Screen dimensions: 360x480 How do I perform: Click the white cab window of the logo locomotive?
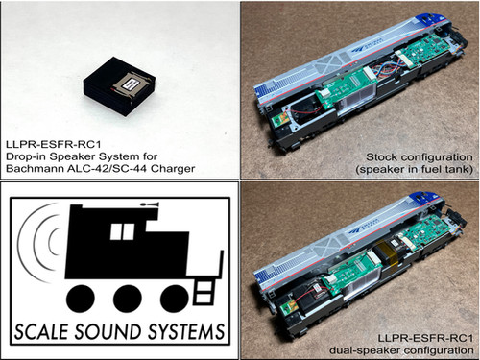point(122,230)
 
